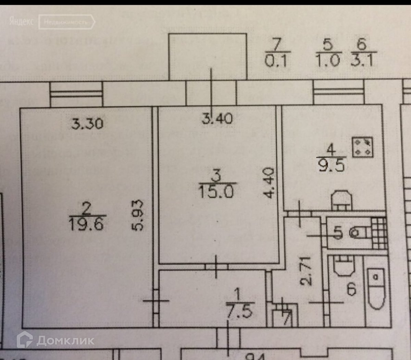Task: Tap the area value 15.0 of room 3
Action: (216, 191)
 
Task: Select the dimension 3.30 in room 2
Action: (87, 123)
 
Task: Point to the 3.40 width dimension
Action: (217, 119)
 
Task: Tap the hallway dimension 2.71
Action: (306, 271)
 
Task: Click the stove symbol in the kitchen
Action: (362, 147)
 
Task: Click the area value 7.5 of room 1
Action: (239, 311)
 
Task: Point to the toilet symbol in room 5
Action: (358, 233)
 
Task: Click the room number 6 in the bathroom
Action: (351, 289)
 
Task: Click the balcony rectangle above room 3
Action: (208, 56)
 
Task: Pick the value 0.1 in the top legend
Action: (276, 61)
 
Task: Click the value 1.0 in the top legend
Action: (327, 61)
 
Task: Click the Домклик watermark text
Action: (65, 340)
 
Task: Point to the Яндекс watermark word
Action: (21, 22)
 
